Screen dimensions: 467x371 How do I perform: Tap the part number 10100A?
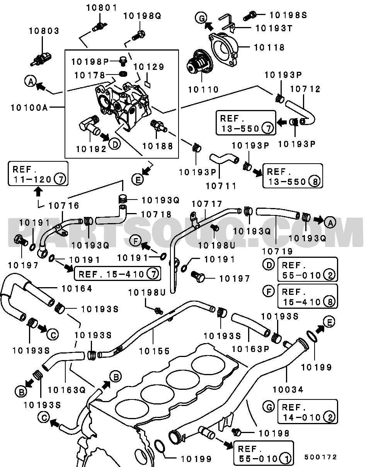point(29,107)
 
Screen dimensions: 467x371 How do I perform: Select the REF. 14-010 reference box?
point(307,412)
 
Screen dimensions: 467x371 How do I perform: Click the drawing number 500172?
point(320,457)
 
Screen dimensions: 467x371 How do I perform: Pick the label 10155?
point(154,351)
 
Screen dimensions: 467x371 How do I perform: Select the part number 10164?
point(77,288)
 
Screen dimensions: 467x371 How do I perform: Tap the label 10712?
point(305,89)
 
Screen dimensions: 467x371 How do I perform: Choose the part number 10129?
point(150,67)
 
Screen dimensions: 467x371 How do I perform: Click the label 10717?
point(207,204)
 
